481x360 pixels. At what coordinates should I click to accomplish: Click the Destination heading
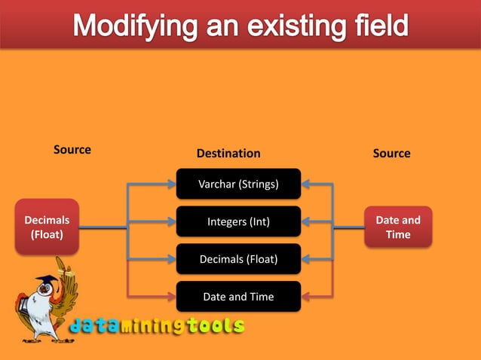tap(228, 154)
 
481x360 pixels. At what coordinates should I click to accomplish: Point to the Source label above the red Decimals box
tap(72, 150)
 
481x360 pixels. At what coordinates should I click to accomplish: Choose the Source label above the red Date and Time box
tap(391, 154)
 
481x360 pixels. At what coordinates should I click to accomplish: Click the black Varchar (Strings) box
tap(238, 185)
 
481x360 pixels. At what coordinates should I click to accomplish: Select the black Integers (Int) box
tap(238, 222)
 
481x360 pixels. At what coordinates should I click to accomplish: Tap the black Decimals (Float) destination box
tap(238, 260)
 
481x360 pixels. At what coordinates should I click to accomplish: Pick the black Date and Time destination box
tap(238, 297)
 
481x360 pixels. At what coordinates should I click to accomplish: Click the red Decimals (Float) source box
tap(47, 227)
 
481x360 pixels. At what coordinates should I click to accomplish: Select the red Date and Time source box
tap(398, 227)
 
